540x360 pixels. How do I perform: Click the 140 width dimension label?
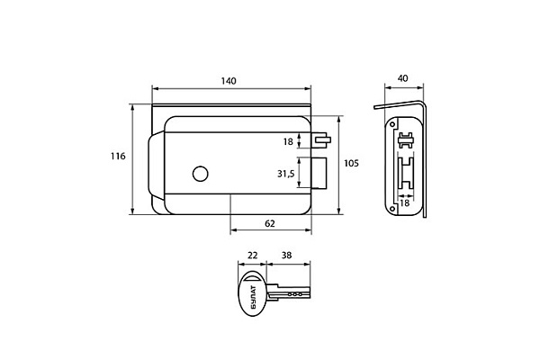click(x=229, y=81)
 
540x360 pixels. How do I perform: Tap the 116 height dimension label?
click(x=118, y=157)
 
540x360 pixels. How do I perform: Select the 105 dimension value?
click(x=351, y=163)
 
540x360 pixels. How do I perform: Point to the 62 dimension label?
click(x=270, y=224)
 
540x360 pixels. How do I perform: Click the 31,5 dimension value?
click(x=286, y=175)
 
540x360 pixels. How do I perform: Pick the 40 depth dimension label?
click(x=402, y=78)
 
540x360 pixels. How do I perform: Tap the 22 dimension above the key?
click(x=252, y=256)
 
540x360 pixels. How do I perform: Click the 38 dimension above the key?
click(x=286, y=256)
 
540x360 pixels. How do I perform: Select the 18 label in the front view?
click(x=288, y=141)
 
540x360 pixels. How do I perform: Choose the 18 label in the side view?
click(x=405, y=203)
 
